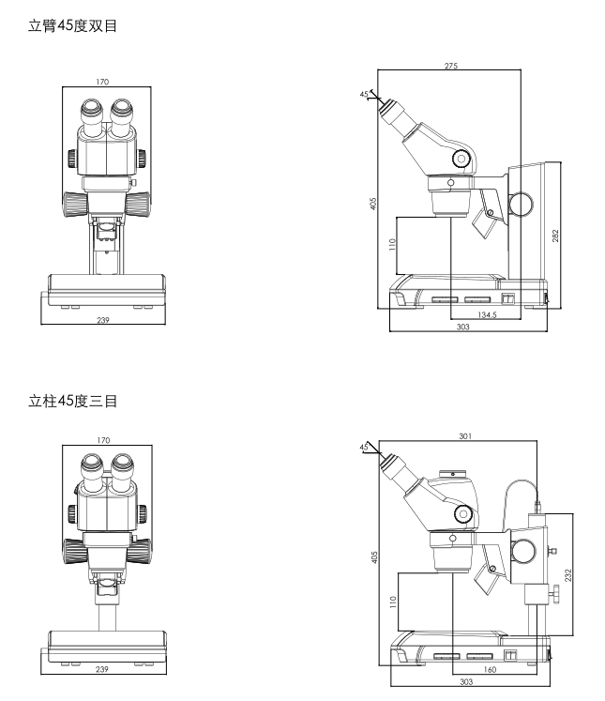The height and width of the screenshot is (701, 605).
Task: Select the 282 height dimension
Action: click(x=555, y=236)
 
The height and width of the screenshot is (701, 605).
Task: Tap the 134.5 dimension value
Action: click(x=486, y=314)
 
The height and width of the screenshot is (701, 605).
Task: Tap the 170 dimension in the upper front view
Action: click(x=101, y=83)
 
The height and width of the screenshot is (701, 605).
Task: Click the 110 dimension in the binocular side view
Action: click(x=391, y=244)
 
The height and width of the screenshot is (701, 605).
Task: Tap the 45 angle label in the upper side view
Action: click(x=363, y=94)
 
